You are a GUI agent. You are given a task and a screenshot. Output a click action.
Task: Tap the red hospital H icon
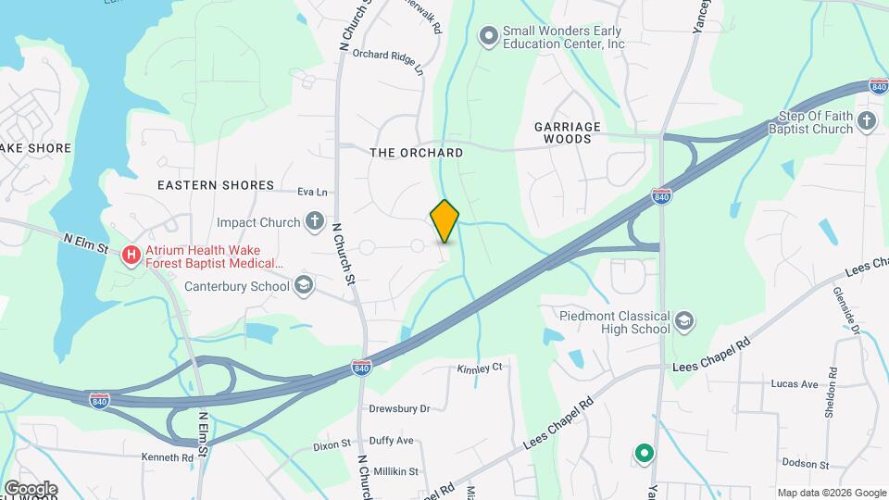(131, 254)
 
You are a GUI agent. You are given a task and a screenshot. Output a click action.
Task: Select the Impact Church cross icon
(315, 222)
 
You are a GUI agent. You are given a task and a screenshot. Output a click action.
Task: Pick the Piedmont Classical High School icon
(684, 321)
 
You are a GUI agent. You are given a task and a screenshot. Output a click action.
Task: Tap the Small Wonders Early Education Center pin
(488, 36)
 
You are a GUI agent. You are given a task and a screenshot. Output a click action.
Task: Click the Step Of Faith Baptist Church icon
(867, 121)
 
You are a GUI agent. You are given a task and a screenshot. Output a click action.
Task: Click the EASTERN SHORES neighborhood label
(216, 185)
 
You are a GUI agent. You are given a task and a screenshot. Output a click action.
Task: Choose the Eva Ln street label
(313, 193)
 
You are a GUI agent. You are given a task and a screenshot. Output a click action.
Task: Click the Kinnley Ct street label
(480, 368)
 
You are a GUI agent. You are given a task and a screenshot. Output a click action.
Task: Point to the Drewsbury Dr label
(400, 408)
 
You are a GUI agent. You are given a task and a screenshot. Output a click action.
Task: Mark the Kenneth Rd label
(167, 456)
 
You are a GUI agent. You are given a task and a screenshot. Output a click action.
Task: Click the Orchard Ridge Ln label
(387, 61)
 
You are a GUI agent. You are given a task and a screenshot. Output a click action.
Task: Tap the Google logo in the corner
(31, 488)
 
